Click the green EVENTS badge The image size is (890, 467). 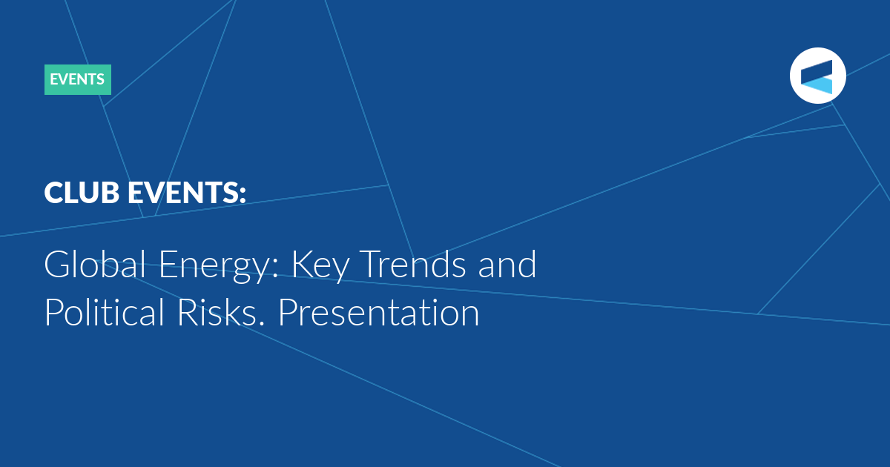coord(78,79)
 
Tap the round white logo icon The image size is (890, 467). coord(817,76)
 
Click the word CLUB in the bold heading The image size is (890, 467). coord(82,193)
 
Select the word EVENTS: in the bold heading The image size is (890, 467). coord(187,193)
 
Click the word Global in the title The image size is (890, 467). coord(95,264)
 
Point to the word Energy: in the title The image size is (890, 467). coord(219,266)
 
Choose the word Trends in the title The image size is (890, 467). coord(414,264)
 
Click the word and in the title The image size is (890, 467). coord(507,264)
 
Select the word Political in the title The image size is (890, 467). coord(104,312)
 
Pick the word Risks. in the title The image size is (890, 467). coord(221,312)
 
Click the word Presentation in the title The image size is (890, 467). coord(379,312)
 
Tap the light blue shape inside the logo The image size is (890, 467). coord(817,85)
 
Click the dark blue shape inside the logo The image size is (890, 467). coord(817,71)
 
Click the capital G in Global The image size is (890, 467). coord(59,264)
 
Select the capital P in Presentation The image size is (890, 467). coord(289,312)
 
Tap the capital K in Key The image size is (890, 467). coord(303,264)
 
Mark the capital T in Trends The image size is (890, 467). coord(374,264)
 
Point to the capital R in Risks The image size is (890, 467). coord(188,312)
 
